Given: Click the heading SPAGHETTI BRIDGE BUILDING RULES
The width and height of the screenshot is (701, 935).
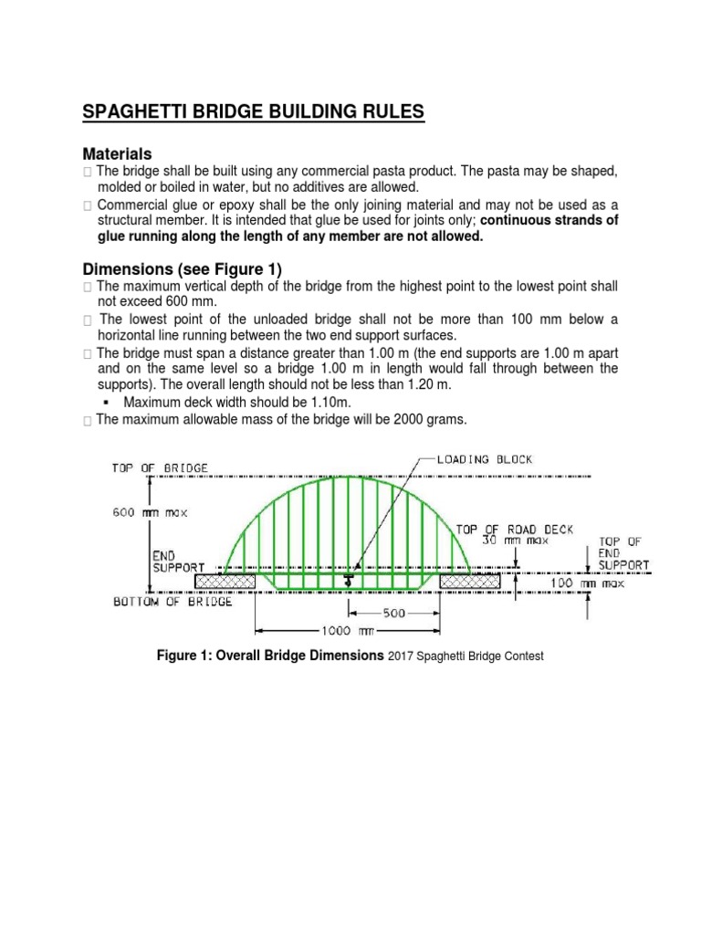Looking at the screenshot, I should tap(254, 112).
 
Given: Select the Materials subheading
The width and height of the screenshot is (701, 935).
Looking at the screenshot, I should tap(117, 153).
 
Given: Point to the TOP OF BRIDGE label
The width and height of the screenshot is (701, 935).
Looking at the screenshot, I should tap(160, 467).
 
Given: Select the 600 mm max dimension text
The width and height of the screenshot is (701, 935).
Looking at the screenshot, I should tap(150, 512).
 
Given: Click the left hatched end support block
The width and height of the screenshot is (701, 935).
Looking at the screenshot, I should tap(225, 580).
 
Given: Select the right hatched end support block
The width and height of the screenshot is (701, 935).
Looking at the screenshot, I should tap(470, 580).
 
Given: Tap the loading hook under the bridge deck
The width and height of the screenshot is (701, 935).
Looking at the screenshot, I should tap(348, 581).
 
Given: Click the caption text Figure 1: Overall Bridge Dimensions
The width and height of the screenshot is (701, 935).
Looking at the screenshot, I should tap(271, 656).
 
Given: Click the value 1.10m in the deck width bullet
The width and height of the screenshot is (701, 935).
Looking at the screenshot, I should tap(332, 402).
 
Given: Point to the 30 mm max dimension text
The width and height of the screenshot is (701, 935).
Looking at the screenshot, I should tap(501, 540).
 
